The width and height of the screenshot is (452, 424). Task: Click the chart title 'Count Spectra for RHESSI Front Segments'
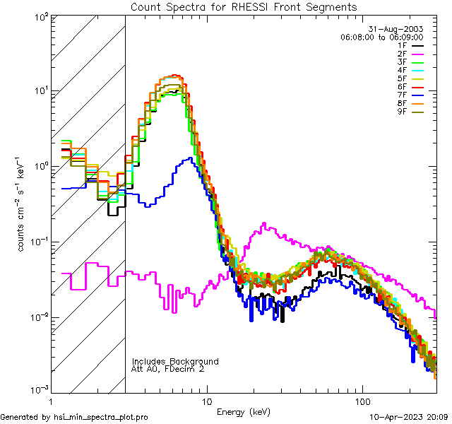(244, 6)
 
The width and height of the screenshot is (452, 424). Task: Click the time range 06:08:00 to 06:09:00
(381, 37)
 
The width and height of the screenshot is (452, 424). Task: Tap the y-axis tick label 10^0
(41, 166)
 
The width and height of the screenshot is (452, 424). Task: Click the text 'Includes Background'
(175, 361)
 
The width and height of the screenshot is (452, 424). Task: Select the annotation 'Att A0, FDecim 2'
(168, 369)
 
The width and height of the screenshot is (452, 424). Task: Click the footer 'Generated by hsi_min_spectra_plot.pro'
(75, 418)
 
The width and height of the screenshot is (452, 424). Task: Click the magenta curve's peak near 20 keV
(264, 224)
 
